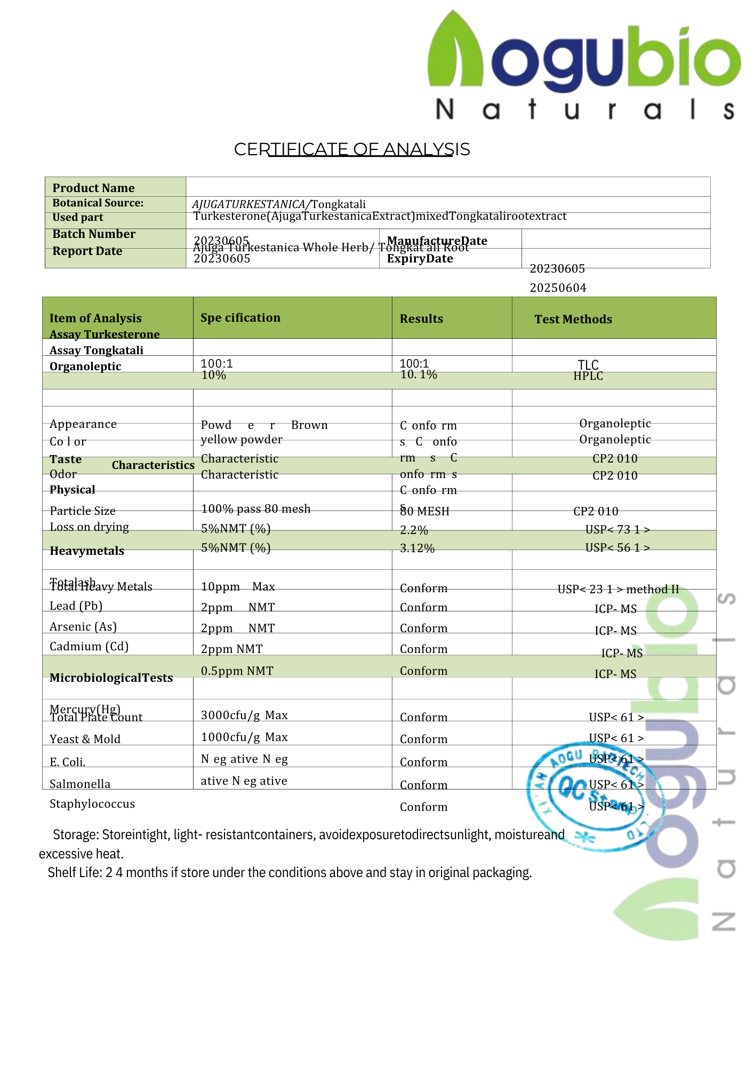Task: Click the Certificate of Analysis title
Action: tap(352, 149)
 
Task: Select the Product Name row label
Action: tap(93, 188)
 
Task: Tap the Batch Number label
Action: tap(94, 234)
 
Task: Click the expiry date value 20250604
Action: tap(558, 288)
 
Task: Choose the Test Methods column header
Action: tap(573, 319)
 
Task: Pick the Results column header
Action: tap(421, 318)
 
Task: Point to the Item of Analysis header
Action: tap(95, 318)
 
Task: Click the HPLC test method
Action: tap(588, 376)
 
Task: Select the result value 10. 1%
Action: tap(419, 375)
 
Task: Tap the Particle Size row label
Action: tap(83, 511)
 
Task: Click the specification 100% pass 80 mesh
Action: tap(255, 509)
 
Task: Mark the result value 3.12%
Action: tap(417, 548)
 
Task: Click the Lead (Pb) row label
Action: tap(76, 606)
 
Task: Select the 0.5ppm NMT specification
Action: tap(237, 671)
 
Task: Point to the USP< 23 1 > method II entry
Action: tap(618, 589)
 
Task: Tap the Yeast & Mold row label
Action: tap(85, 739)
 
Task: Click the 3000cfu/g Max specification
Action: tap(244, 715)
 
